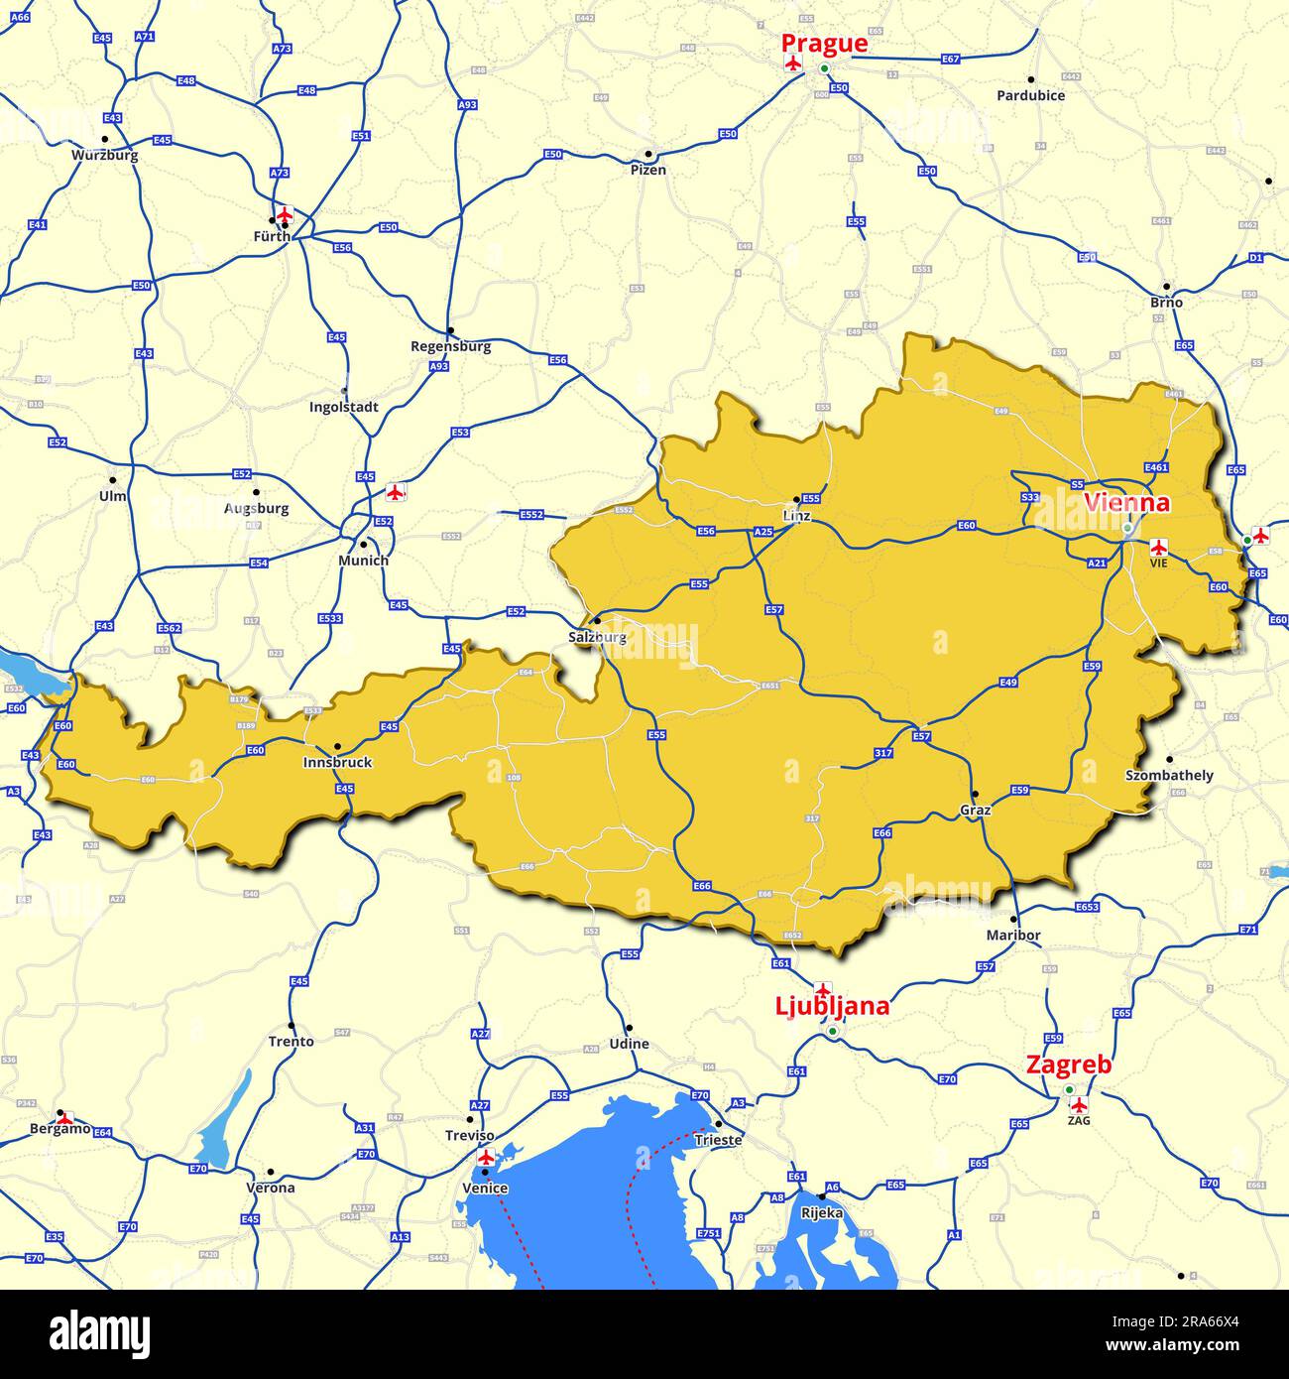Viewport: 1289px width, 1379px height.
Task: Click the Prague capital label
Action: point(824,44)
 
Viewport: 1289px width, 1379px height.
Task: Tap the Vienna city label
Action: point(1126,503)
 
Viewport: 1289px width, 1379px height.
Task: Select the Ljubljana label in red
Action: point(831,1007)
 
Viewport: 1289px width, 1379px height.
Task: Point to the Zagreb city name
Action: point(1068,1066)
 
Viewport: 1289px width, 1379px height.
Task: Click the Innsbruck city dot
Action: point(337,746)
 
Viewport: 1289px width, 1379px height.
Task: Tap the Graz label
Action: point(975,810)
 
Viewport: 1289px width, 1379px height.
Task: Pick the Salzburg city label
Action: point(598,637)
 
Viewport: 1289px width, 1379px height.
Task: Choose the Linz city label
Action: point(796,516)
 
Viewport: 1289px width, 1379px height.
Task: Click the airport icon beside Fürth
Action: point(286,214)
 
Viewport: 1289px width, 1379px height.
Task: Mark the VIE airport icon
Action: point(1158,547)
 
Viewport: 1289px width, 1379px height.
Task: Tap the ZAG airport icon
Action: point(1080,1104)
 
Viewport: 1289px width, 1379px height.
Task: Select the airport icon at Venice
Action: point(486,1157)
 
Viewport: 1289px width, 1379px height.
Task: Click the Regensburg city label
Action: point(450,347)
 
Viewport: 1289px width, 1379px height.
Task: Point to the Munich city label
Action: point(363,561)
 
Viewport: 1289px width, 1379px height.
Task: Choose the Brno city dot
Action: point(1166,286)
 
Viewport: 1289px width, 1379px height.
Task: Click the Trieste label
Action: point(718,1140)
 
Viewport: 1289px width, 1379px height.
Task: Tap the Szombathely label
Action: point(1169,775)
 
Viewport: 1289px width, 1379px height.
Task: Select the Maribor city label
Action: point(1013,936)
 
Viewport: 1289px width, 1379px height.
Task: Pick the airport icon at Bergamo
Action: point(64,1119)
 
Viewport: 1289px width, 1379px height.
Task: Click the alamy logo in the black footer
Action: point(99,1333)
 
